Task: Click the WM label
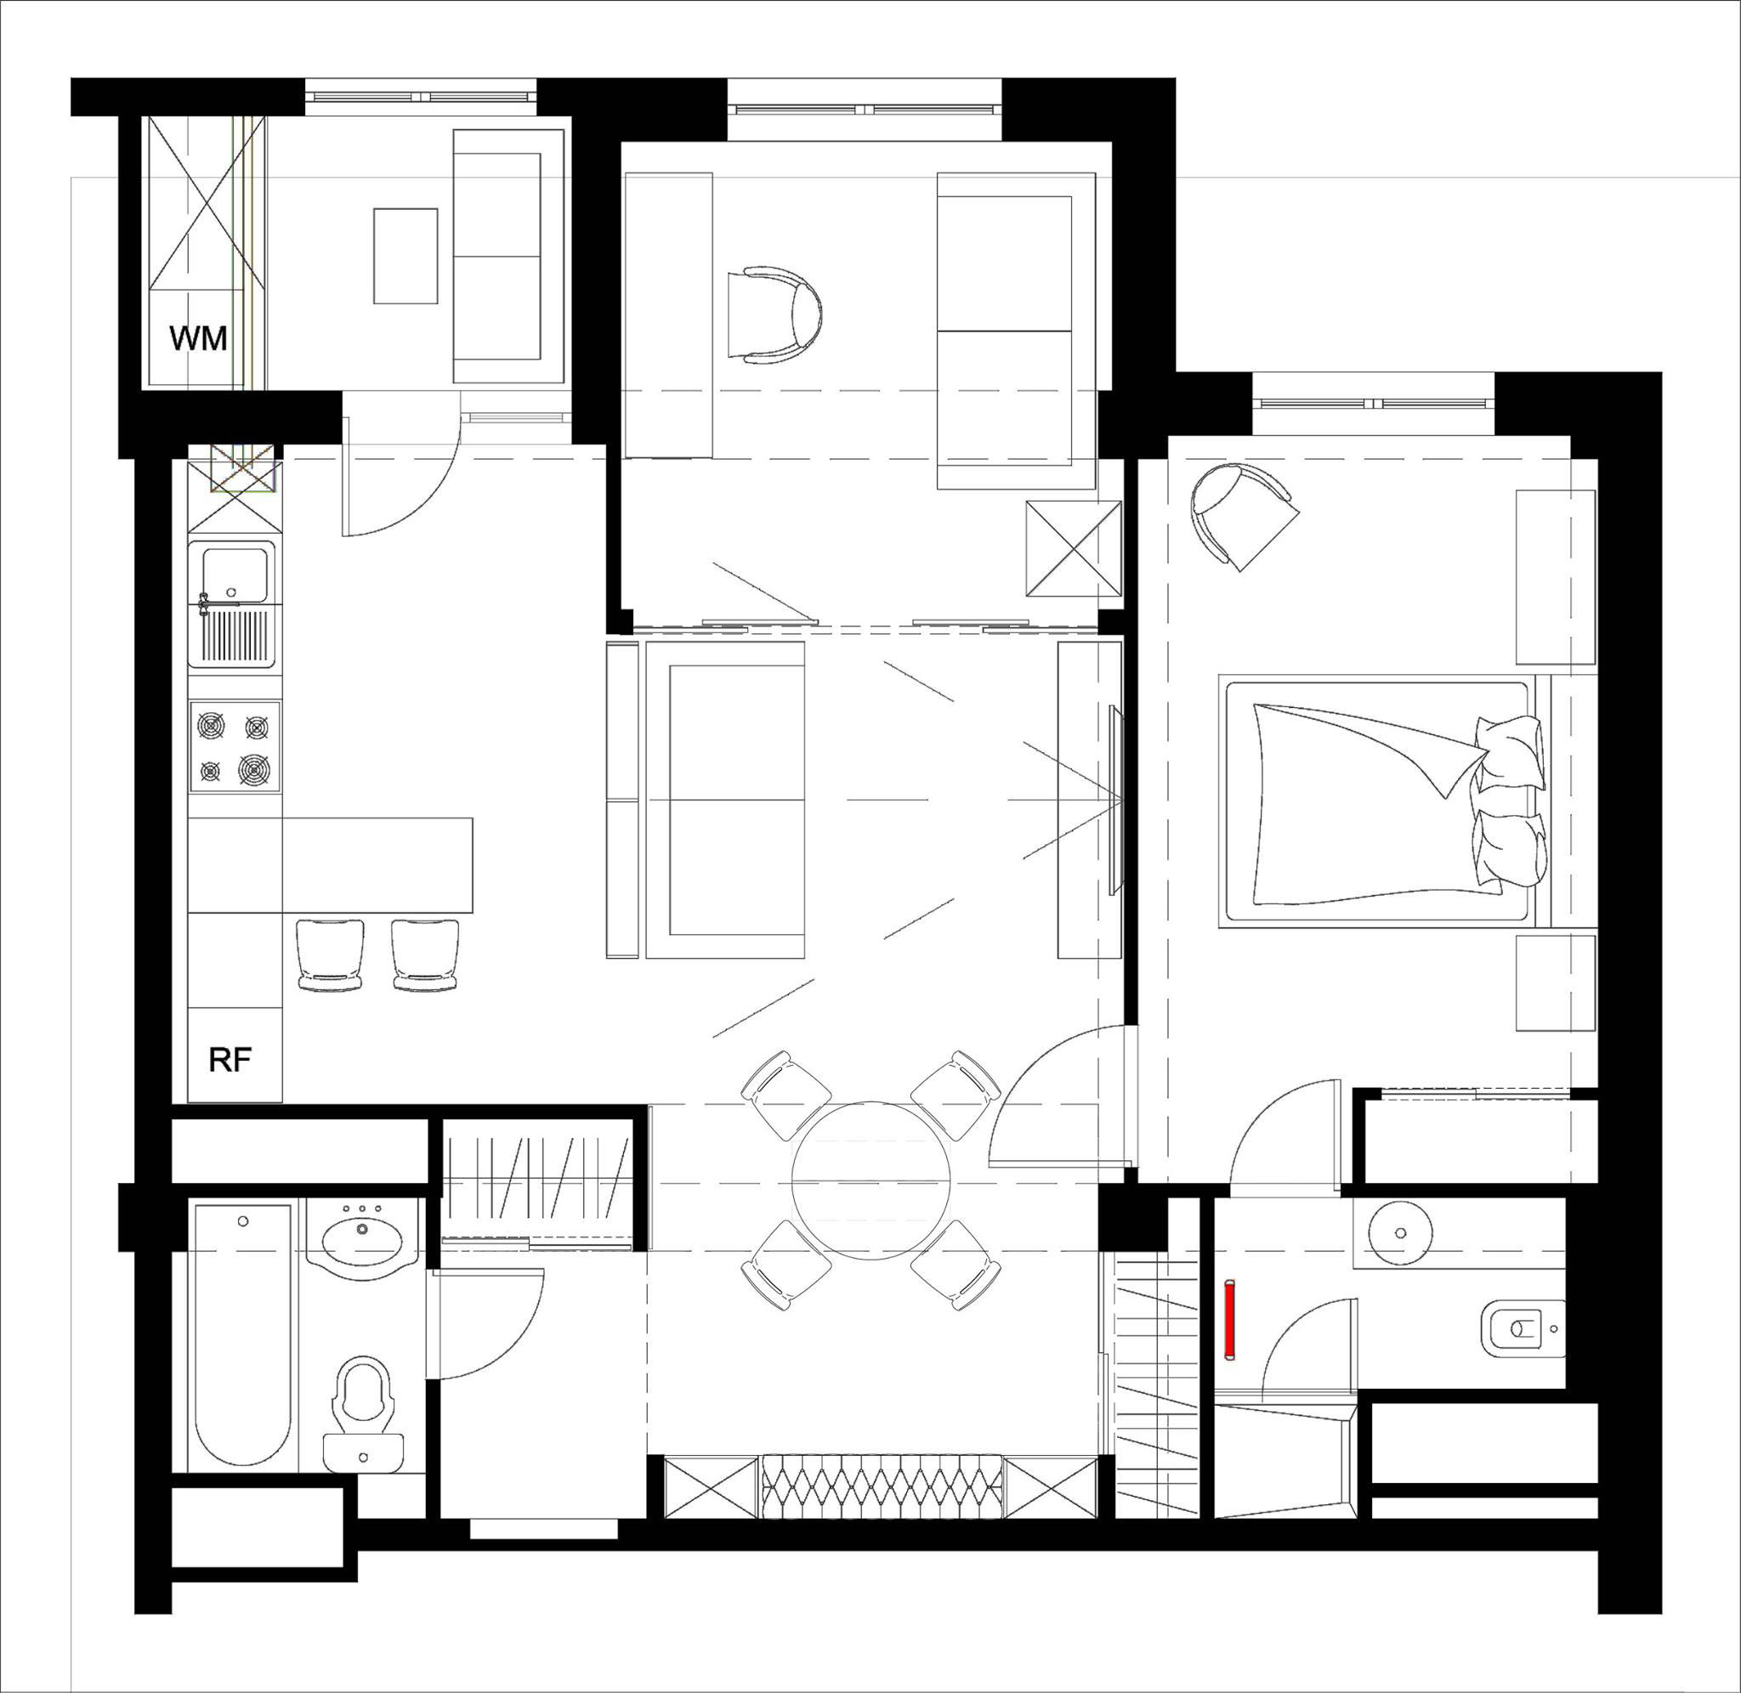pos(198,339)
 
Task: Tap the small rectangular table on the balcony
pos(405,256)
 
